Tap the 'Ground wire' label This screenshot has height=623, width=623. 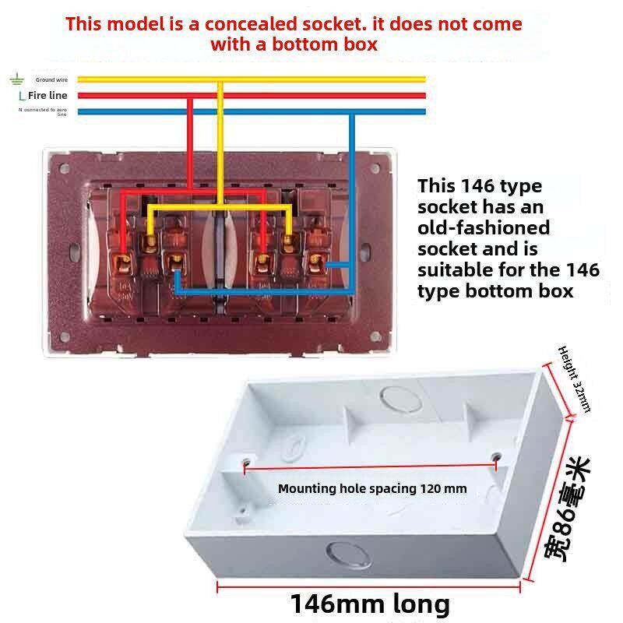pos(51,79)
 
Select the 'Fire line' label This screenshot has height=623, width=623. pos(48,95)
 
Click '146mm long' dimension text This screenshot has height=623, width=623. pos(370,604)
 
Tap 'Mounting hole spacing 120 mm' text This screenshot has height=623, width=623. pos(372,489)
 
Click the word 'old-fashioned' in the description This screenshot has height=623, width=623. pos(484,228)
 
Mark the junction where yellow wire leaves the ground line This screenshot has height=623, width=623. pos(221,79)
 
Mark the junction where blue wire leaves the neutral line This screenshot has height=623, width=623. pos(353,112)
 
